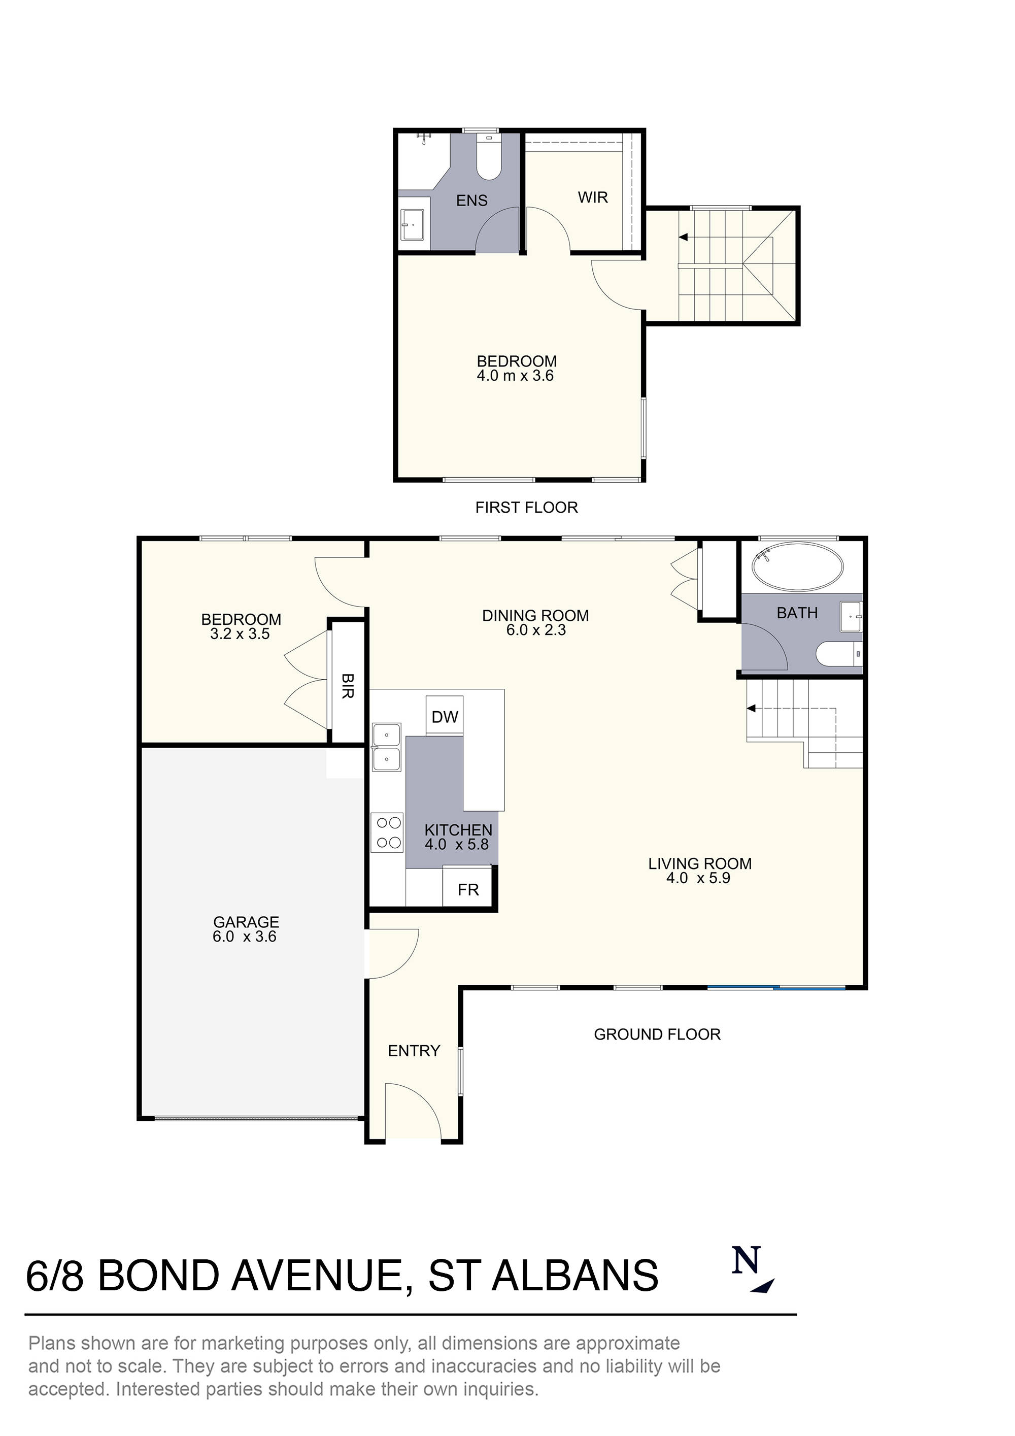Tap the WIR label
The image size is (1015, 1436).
pos(592,197)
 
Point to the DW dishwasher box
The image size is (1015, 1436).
pos(444,717)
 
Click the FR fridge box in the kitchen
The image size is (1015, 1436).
pos(468,889)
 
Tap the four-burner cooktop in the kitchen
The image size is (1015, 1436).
pos(387,832)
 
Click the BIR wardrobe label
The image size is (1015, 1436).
pos(348,686)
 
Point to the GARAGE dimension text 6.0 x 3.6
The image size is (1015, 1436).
pos(244,937)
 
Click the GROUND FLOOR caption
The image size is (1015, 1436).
pos(657,1034)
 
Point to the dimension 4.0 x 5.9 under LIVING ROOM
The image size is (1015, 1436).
pos(698,878)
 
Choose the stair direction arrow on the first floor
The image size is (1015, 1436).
pos(684,237)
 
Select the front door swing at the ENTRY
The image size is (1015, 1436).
pos(413,1112)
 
